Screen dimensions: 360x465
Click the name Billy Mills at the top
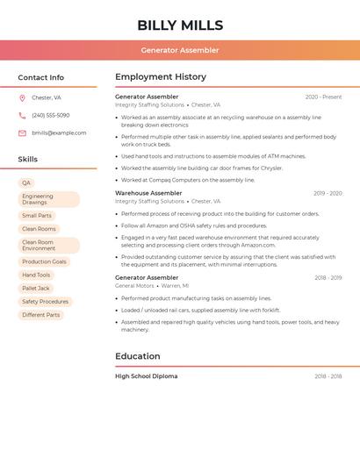pyautogui.click(x=180, y=25)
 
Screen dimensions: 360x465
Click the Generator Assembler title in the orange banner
pyautogui.click(x=180, y=51)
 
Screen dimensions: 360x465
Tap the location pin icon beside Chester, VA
pyautogui.click(x=22, y=98)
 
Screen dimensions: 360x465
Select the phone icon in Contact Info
pyautogui.click(x=22, y=115)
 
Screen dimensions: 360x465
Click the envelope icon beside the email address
pyautogui.click(x=22, y=132)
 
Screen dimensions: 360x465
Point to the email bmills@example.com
pyautogui.click(x=59, y=132)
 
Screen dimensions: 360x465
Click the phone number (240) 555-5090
pyautogui.click(x=50, y=115)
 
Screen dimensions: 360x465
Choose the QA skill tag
pyautogui.click(x=26, y=182)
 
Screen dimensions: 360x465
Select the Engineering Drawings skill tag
pyautogui.click(x=48, y=199)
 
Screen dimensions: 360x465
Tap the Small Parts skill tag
pyautogui.click(x=37, y=215)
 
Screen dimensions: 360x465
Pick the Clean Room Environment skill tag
pyautogui.click(x=48, y=245)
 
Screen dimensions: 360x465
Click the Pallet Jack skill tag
pyautogui.click(x=36, y=288)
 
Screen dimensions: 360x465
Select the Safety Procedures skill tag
pyautogui.click(x=45, y=301)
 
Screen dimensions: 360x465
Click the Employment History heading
pyautogui.click(x=161, y=77)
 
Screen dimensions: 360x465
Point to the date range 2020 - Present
pyautogui.click(x=323, y=97)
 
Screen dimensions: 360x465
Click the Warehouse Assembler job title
pyautogui.click(x=148, y=193)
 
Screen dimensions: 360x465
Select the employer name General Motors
pyautogui.click(x=134, y=286)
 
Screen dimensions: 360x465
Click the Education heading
pyautogui.click(x=138, y=356)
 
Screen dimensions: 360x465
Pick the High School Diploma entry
pyautogui.click(x=146, y=376)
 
